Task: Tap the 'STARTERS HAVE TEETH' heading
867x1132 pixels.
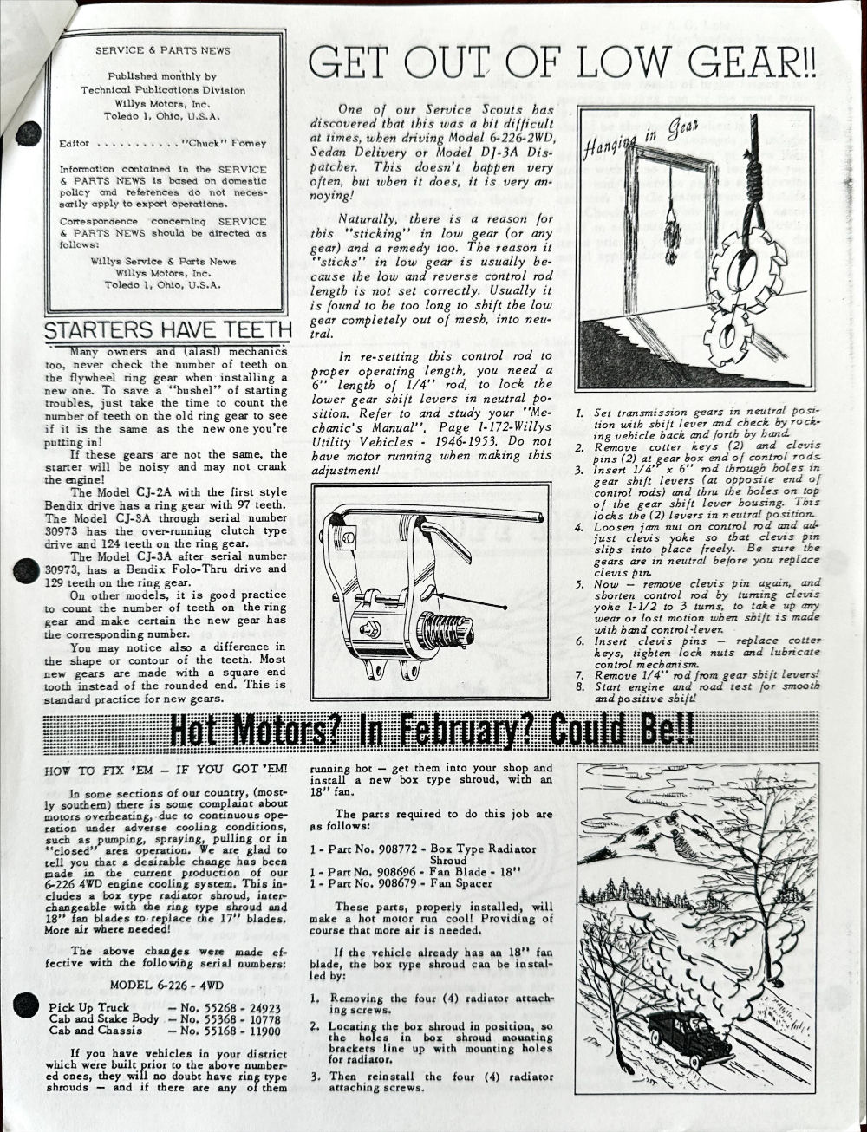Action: (x=168, y=330)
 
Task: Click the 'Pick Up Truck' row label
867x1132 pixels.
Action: (x=88, y=1008)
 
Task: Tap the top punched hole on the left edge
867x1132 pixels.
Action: (x=28, y=133)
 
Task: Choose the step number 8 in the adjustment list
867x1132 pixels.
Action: (x=580, y=686)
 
